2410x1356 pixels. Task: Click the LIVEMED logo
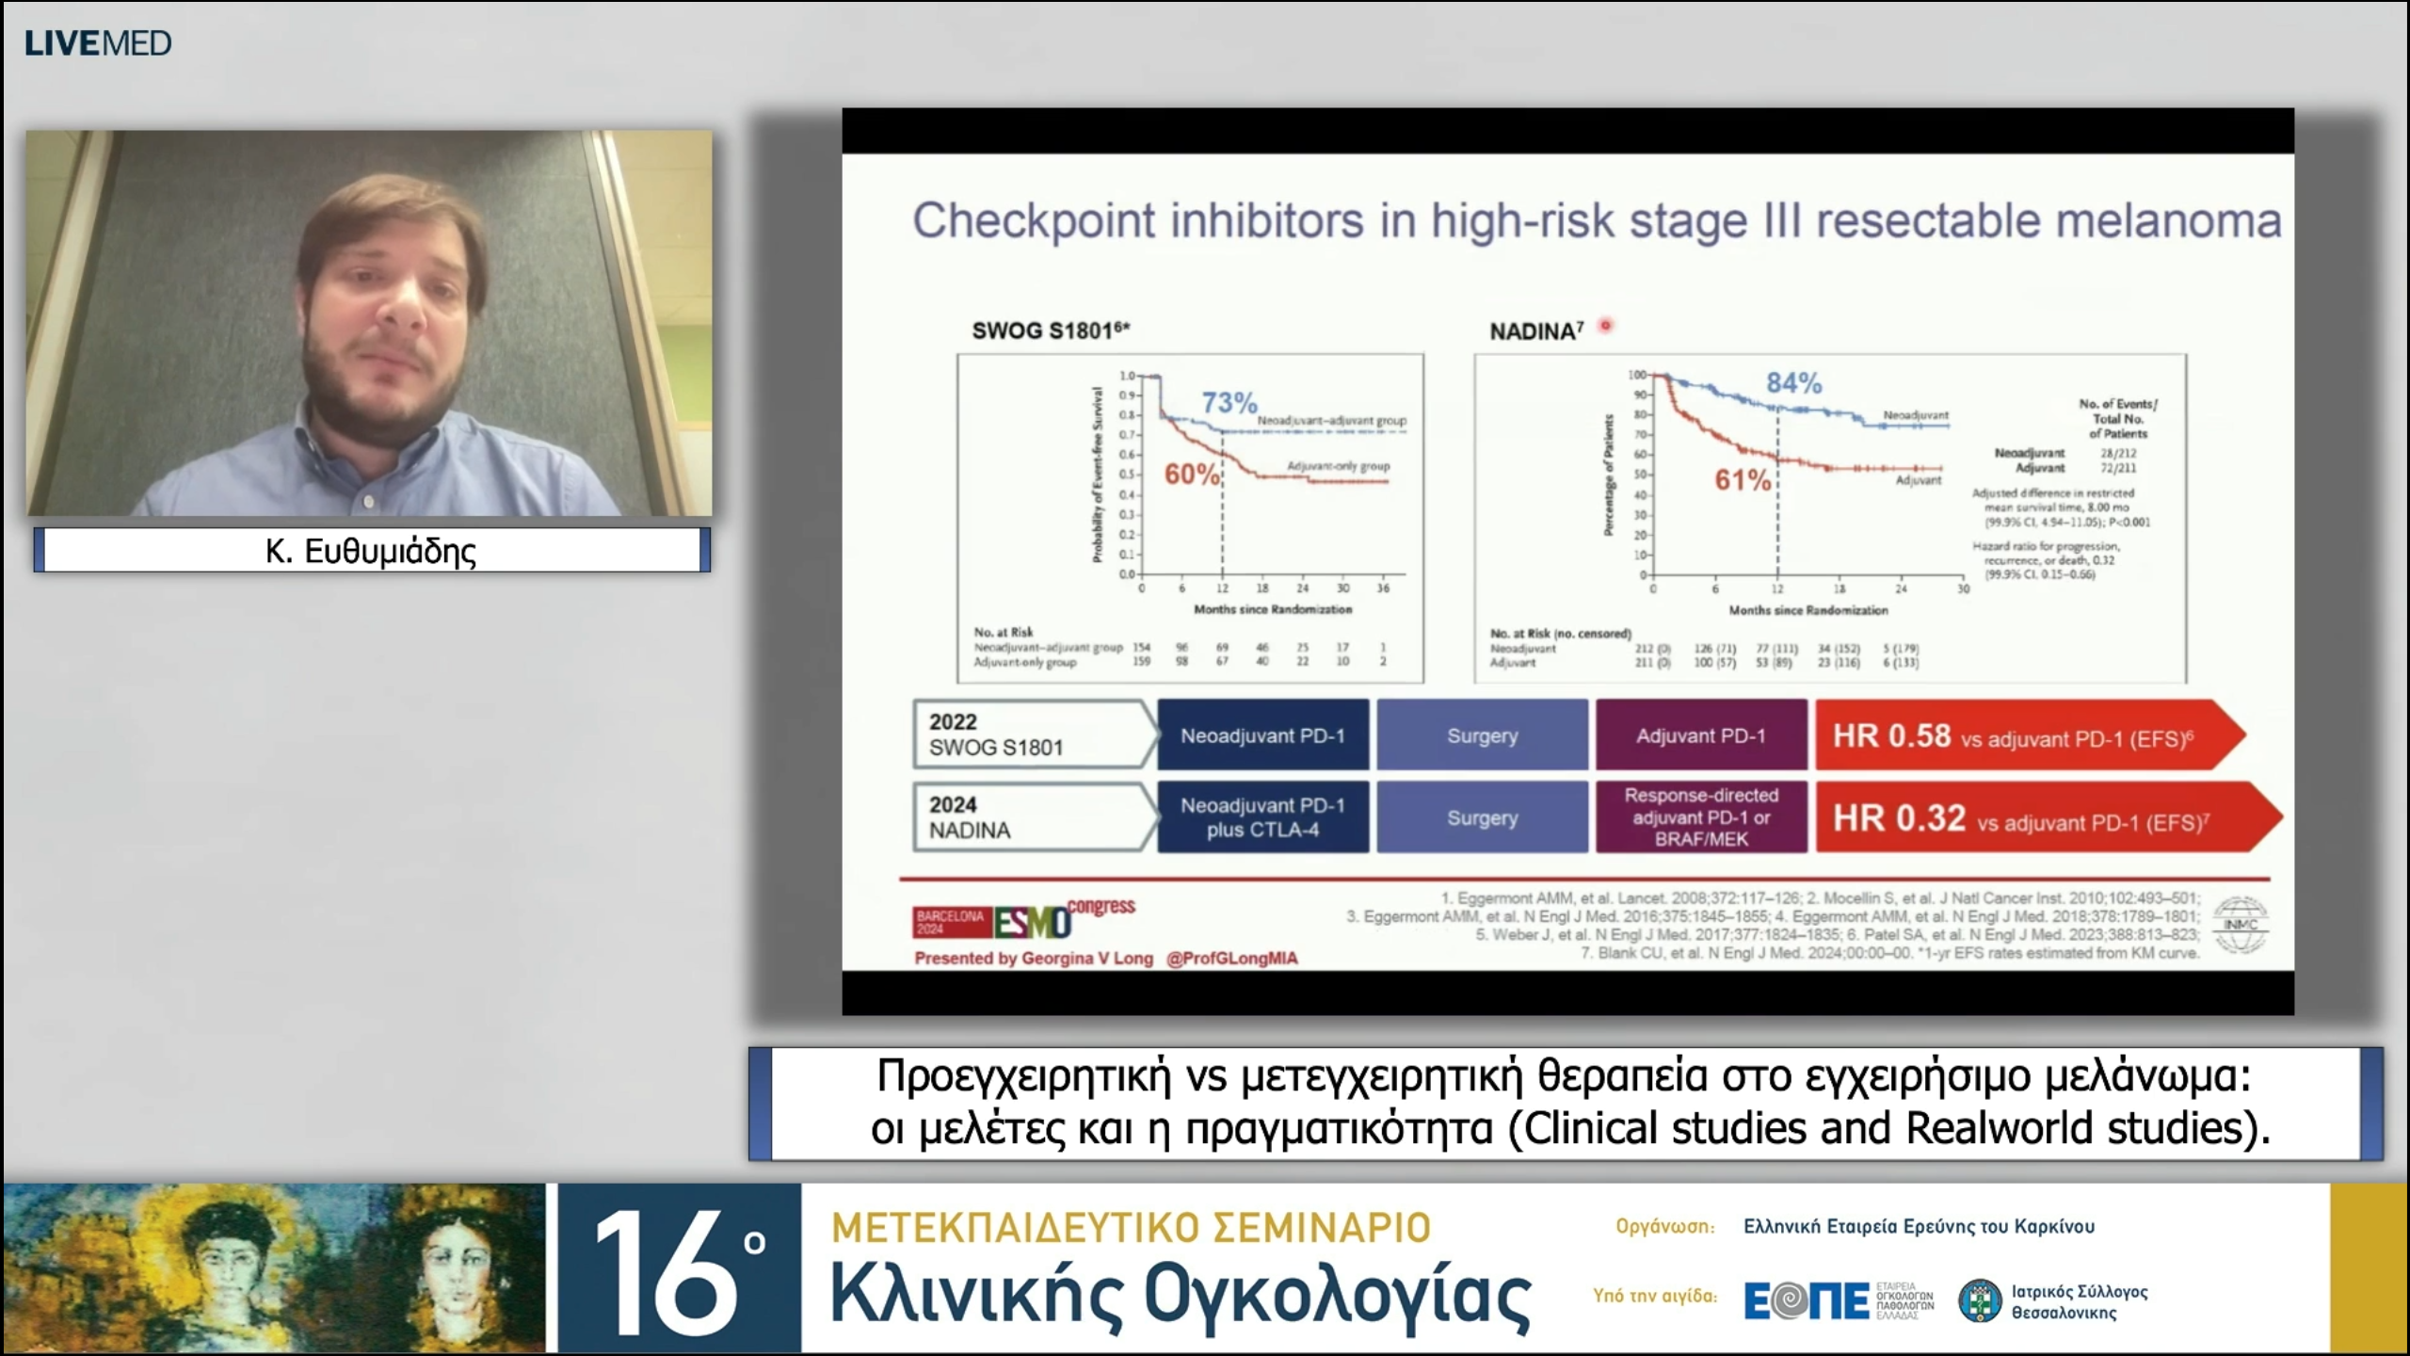[98, 43]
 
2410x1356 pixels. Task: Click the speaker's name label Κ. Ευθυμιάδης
[371, 551]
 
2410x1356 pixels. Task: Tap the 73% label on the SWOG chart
[1229, 403]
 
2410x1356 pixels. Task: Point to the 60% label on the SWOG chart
[1192, 475]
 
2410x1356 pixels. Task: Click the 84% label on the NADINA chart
[1793, 383]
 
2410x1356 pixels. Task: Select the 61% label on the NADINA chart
[1743, 480]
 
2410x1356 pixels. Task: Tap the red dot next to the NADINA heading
[1606, 326]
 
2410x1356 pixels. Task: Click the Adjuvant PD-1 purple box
[1700, 735]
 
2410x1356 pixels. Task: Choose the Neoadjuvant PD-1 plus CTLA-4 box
[1262, 817]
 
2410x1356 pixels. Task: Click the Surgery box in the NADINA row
[1482, 817]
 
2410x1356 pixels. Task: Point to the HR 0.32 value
[1899, 818]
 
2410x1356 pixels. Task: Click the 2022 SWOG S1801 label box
[1031, 734]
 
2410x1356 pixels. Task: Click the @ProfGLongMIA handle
[1231, 959]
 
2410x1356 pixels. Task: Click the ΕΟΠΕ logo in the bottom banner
[1806, 1300]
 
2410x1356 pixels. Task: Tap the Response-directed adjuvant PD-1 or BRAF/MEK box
[1700, 817]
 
